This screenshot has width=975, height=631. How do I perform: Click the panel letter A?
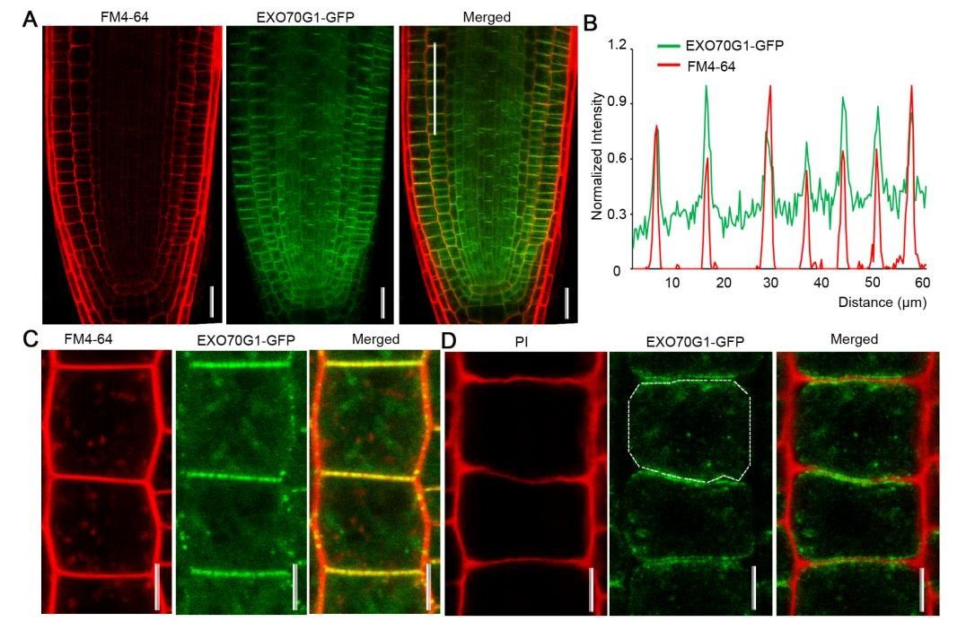[30, 18]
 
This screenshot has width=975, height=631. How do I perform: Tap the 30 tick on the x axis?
[769, 283]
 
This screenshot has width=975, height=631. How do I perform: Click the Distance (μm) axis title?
[882, 302]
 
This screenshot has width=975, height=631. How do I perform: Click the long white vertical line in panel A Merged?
[435, 88]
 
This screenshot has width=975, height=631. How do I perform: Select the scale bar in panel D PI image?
[591, 589]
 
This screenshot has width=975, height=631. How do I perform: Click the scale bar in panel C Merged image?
[428, 588]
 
